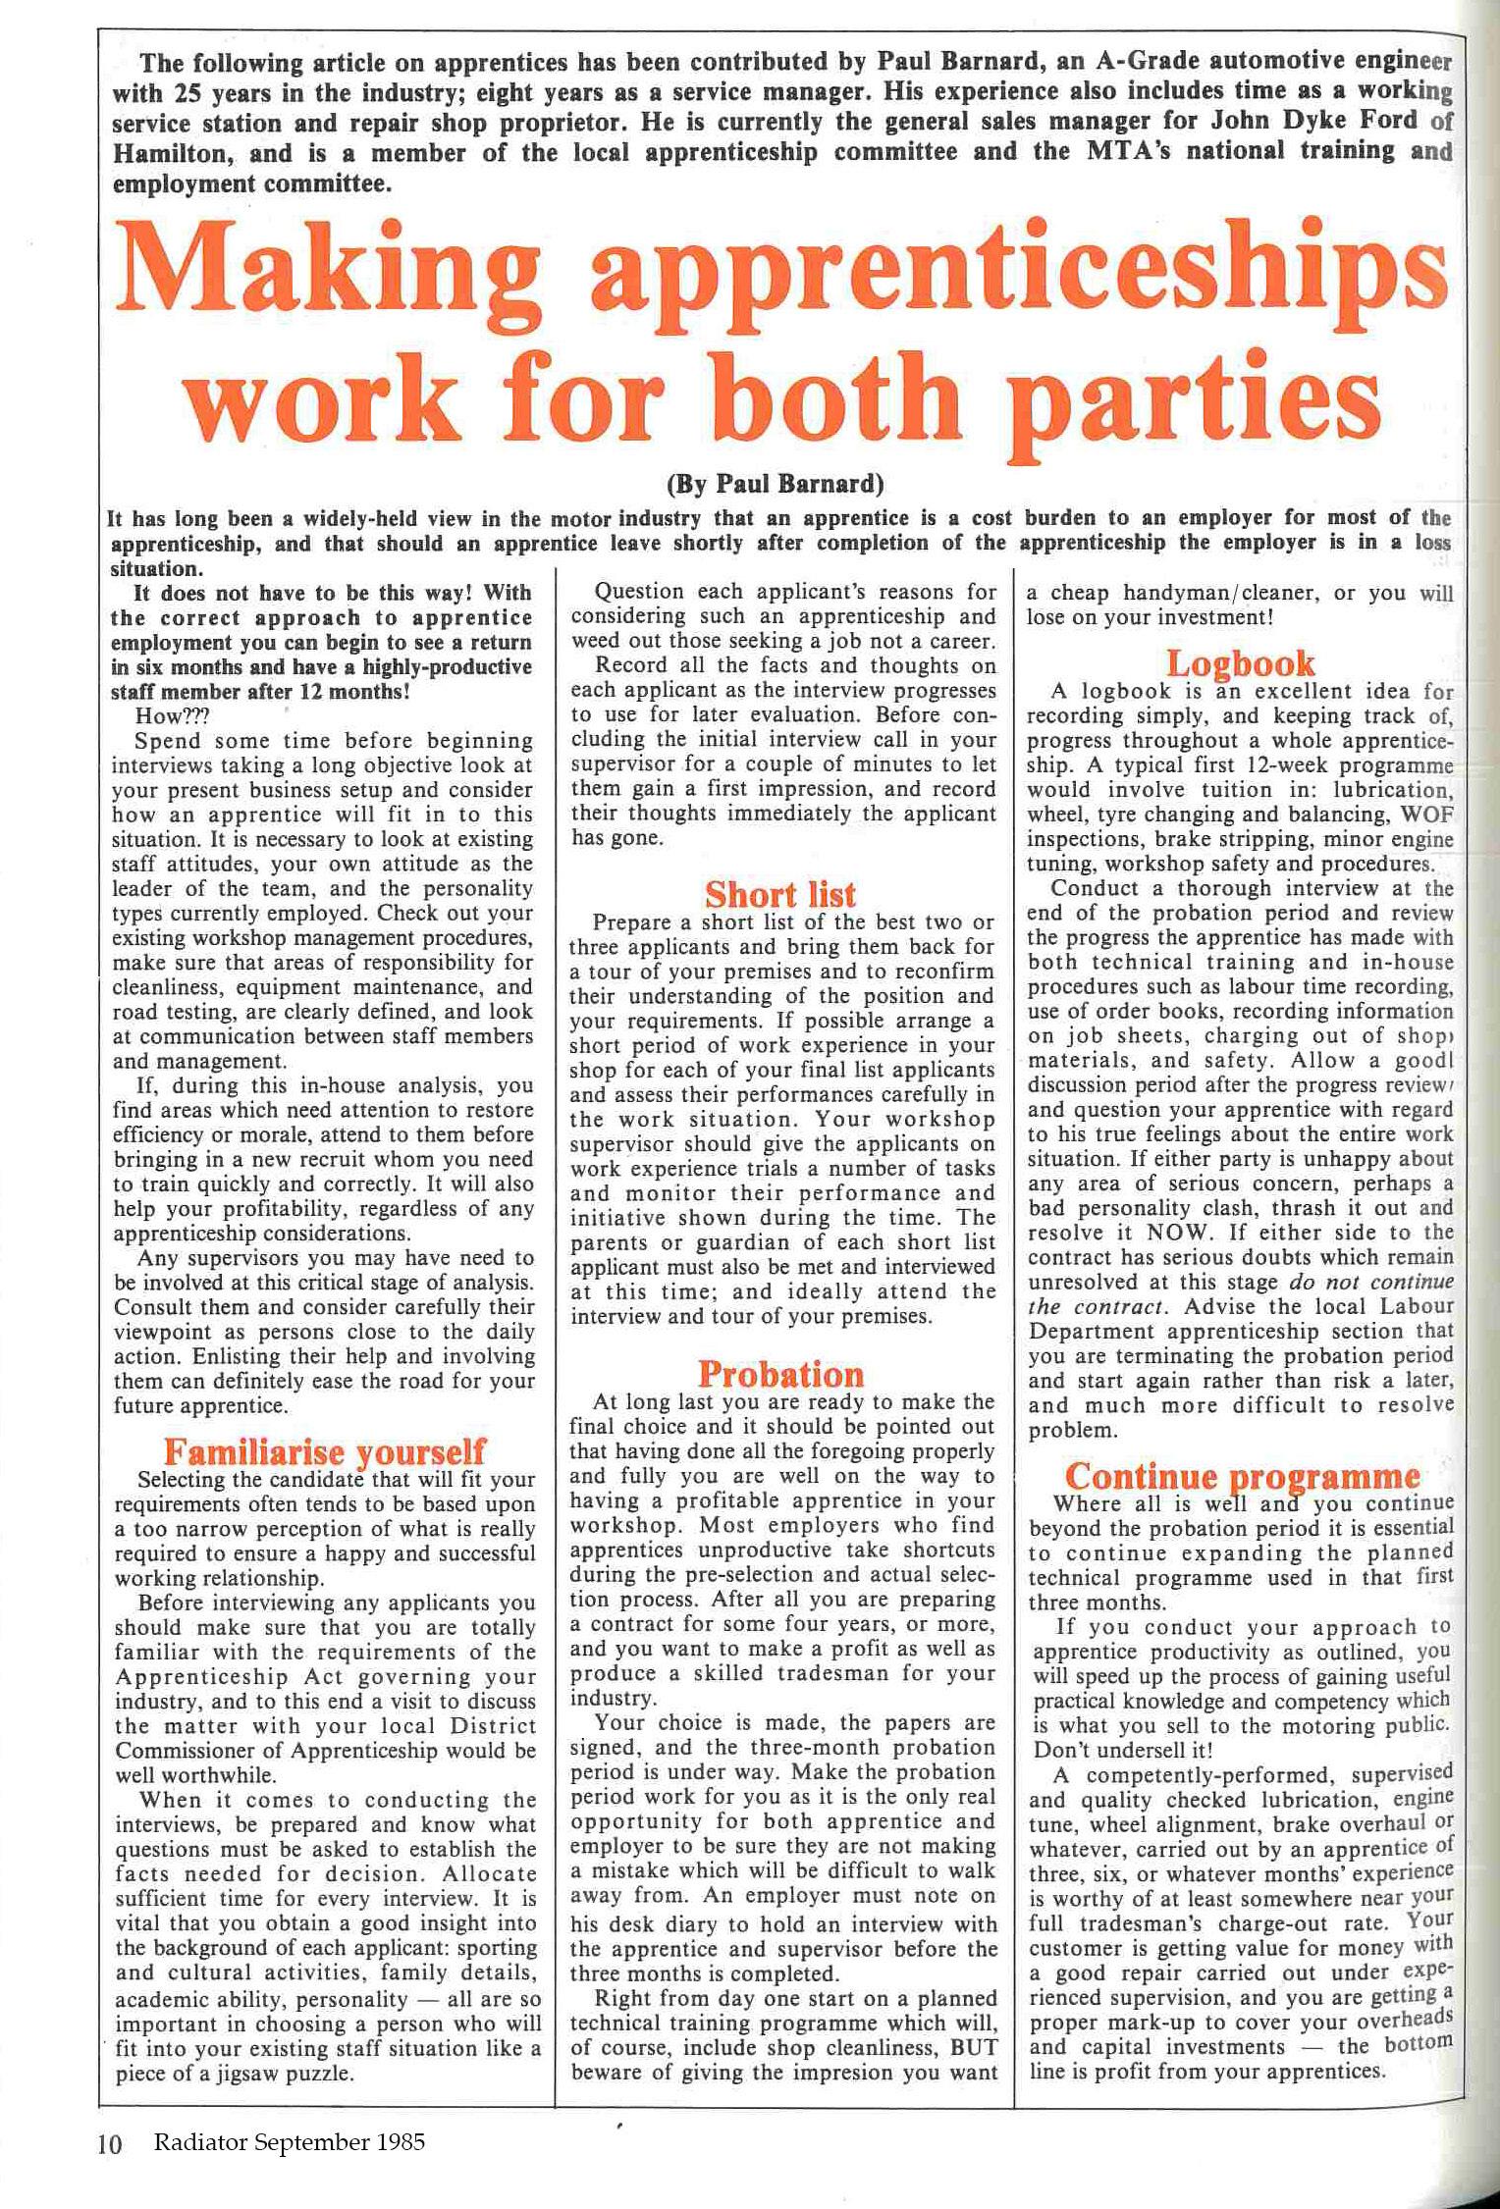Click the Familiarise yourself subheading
point(324,1450)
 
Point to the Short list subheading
point(780,894)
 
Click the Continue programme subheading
point(1242,1476)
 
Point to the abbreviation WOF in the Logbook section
point(1426,815)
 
